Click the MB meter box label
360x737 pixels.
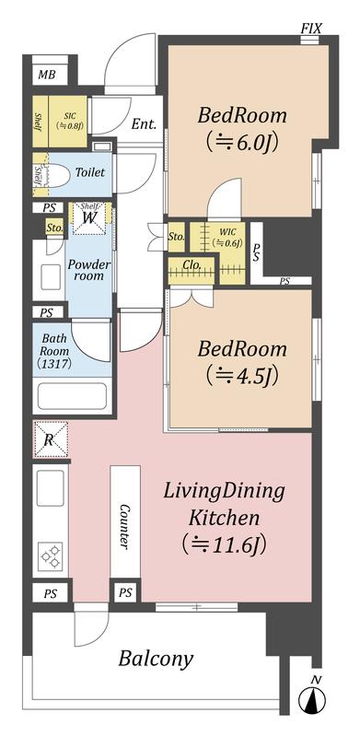[x=46, y=75]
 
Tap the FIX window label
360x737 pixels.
[x=311, y=29]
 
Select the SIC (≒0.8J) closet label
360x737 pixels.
[x=69, y=121]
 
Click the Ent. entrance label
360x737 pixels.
[x=144, y=124]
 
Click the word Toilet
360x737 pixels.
[x=90, y=172]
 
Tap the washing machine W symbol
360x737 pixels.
[x=89, y=217]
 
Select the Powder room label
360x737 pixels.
[x=89, y=270]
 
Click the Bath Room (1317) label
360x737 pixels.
[x=55, y=351]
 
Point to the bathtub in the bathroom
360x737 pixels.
[x=72, y=396]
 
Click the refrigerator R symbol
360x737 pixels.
[x=51, y=439]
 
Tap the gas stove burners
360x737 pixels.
[x=51, y=556]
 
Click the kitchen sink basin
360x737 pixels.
[x=51, y=488]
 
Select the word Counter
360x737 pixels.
[x=124, y=526]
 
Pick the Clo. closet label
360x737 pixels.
[x=192, y=264]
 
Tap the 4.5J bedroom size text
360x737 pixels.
[x=240, y=375]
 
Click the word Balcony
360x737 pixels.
[x=156, y=659]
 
